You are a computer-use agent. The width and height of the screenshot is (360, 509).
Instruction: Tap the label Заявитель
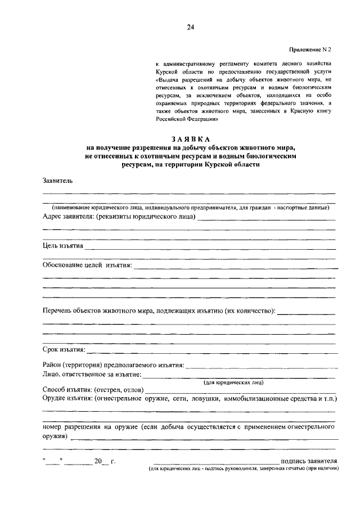57,181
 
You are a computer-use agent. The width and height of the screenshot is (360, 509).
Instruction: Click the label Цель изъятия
63,246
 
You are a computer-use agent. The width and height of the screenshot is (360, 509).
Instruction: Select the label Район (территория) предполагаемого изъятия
113,365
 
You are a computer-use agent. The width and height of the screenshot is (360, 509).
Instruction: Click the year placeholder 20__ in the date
101,461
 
